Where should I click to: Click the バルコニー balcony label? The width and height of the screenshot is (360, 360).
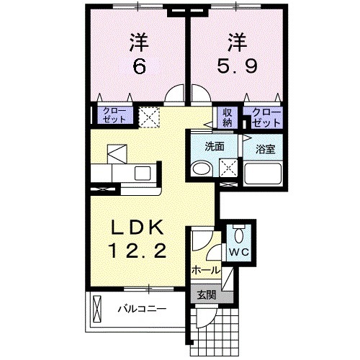coord(142,310)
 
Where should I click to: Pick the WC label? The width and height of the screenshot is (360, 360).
coord(238,252)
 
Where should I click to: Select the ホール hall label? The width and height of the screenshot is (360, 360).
coord(205,270)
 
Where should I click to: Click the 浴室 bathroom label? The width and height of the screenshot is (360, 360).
coord(266,150)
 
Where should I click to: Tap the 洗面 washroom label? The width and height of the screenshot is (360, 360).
coord(215,145)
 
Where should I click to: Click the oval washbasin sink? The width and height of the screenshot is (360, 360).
coord(201,169)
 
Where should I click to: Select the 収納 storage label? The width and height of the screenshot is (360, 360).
coord(228,116)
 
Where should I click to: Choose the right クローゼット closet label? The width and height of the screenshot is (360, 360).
coord(265,116)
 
